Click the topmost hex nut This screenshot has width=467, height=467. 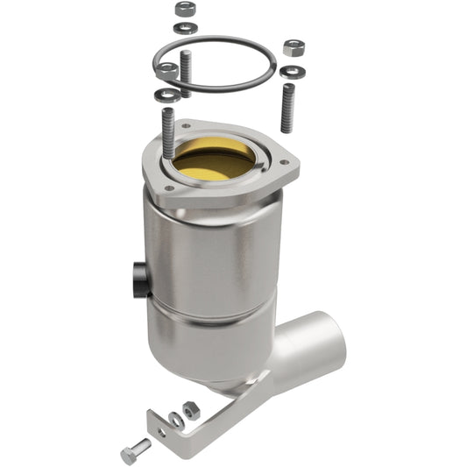point(184,9)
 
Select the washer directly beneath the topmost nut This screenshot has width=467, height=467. point(184,27)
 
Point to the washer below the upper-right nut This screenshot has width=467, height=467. point(291,70)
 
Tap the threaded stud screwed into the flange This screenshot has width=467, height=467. point(168,131)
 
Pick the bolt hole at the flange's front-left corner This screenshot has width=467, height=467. point(173,187)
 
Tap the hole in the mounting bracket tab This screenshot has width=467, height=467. point(160,426)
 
